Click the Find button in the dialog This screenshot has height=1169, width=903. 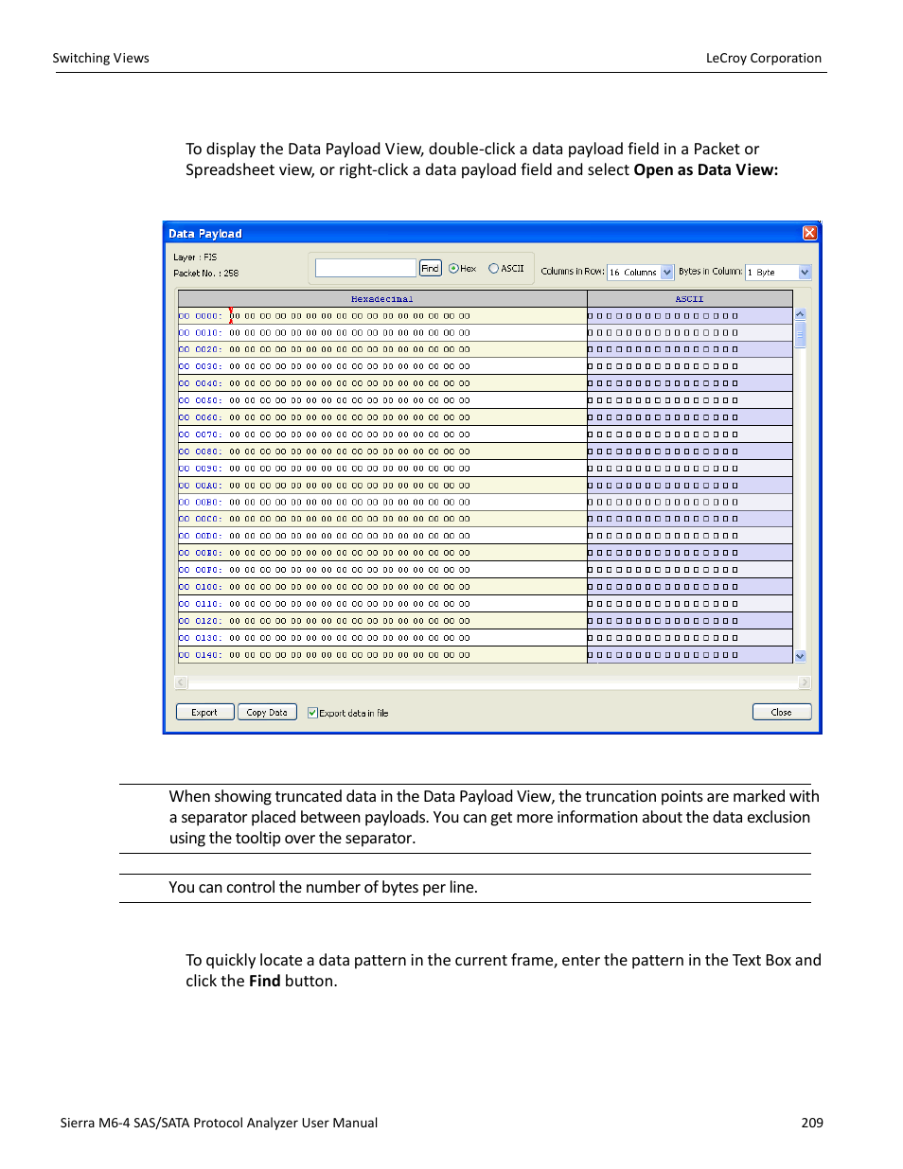point(430,269)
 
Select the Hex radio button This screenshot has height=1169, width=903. point(453,269)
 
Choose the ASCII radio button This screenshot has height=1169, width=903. point(493,269)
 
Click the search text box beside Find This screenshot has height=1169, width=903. point(365,269)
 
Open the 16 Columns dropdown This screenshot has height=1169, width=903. point(666,273)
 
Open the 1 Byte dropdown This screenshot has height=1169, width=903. point(805,273)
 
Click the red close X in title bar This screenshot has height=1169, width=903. point(809,233)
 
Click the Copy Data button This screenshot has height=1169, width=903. point(267,713)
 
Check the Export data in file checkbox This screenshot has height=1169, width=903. point(312,713)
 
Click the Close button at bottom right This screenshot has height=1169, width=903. point(781,713)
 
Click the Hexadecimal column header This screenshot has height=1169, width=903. point(381,299)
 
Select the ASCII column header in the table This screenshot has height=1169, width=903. point(689,299)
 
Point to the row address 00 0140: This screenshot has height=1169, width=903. point(200,655)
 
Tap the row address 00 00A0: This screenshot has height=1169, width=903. point(200,486)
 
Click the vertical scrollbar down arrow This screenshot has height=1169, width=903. point(800,656)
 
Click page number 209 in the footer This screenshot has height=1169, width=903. point(811,1123)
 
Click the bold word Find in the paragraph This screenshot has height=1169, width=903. point(264,981)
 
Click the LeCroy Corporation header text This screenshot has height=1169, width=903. point(763,58)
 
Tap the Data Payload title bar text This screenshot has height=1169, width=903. point(205,234)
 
